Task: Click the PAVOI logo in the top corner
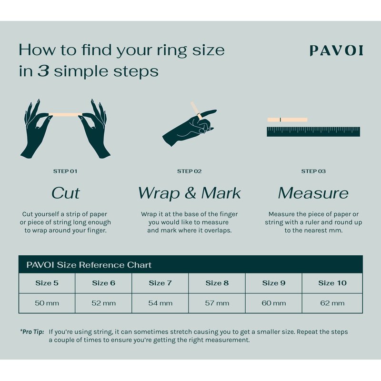click(336, 50)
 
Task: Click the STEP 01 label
click(65, 171)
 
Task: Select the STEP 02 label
click(189, 171)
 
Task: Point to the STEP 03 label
click(313, 171)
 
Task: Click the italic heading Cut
click(65, 193)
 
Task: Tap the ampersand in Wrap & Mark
click(190, 193)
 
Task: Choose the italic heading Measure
click(313, 193)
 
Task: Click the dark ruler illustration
click(313, 131)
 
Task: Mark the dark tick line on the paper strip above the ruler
click(281, 120)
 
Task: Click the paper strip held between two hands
click(66, 114)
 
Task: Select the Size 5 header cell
click(47, 283)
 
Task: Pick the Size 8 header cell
click(217, 283)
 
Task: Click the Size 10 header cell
click(332, 283)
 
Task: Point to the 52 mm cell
click(103, 303)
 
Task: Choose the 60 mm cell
click(273, 303)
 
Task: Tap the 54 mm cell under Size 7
click(160, 303)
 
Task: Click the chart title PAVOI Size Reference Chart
click(89, 265)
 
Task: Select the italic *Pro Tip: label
click(32, 331)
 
